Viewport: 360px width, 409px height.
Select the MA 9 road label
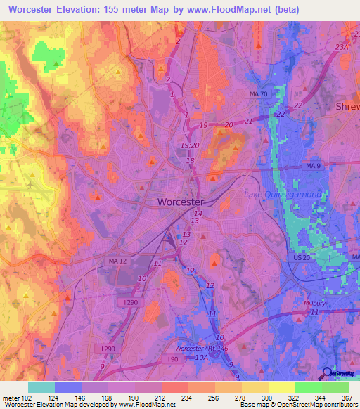(x=314, y=165)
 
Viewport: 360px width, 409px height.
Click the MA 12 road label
(x=97, y=261)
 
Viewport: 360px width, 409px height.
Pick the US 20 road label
(x=302, y=258)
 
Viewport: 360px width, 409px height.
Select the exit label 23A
(x=342, y=46)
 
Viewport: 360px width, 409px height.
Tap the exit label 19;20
(x=188, y=145)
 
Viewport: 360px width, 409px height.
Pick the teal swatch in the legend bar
(x=41, y=387)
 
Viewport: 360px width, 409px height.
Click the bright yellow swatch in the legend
(x=281, y=387)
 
